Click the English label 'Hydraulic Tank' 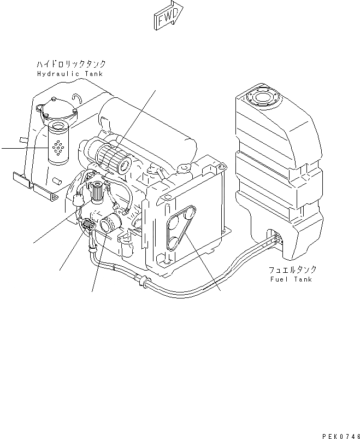pos(70,73)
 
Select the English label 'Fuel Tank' pos(291,279)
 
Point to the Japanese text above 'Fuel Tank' pos(292,270)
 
